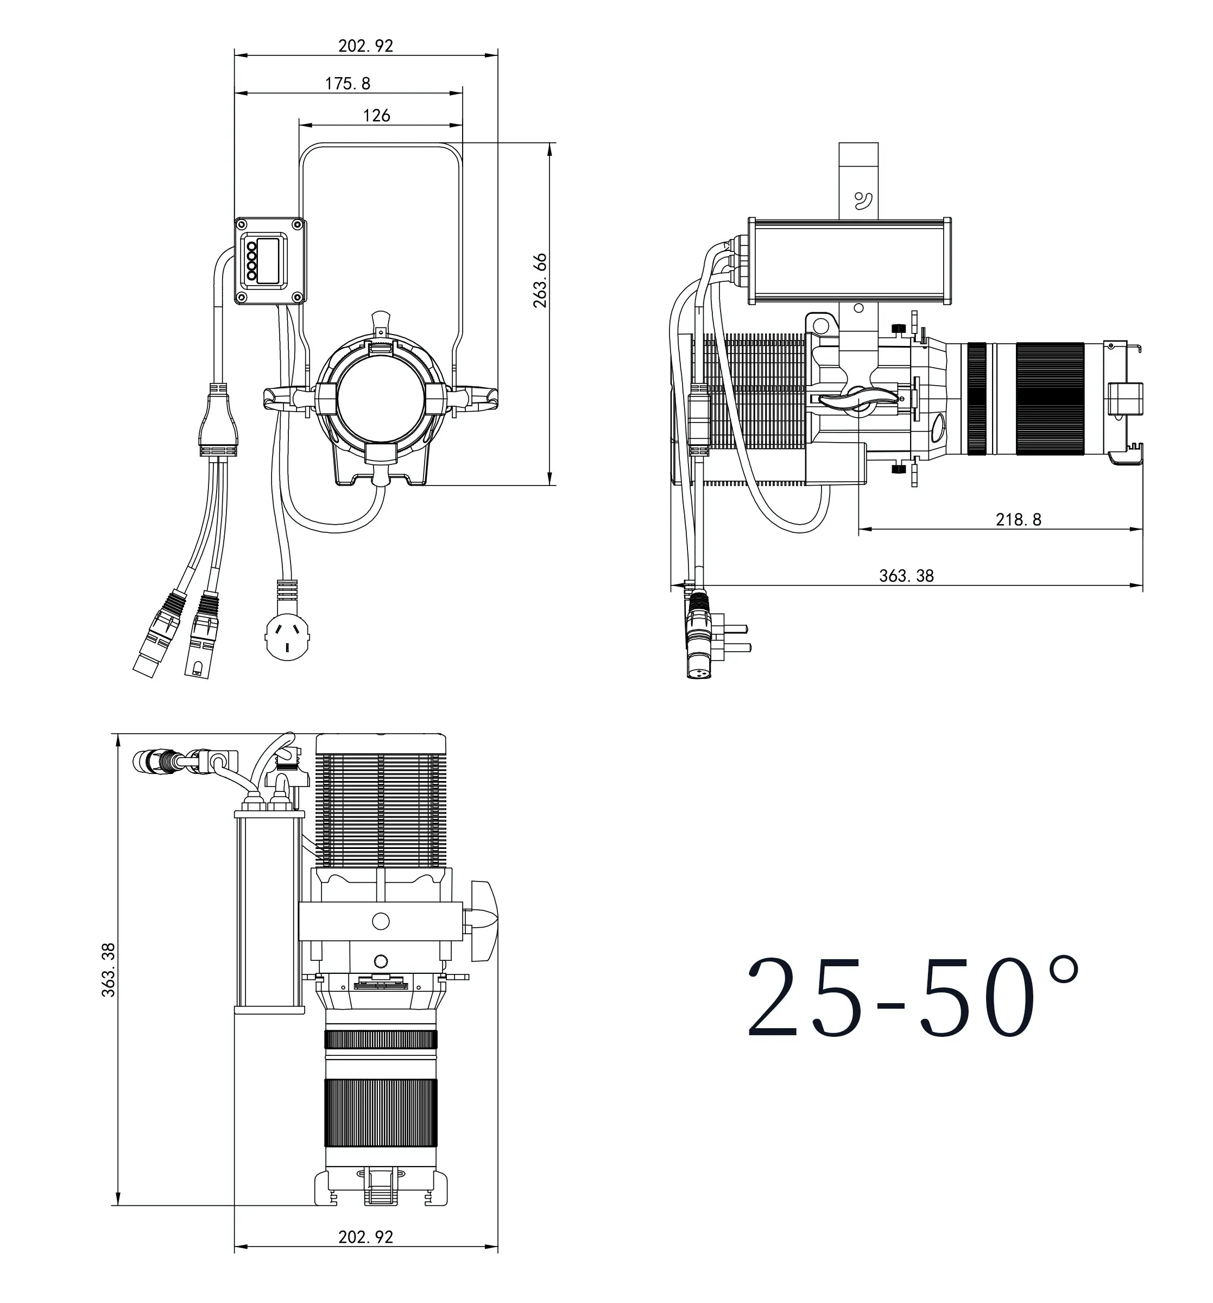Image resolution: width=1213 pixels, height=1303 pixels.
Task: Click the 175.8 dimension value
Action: (348, 83)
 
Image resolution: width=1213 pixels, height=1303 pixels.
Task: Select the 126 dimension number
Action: (376, 115)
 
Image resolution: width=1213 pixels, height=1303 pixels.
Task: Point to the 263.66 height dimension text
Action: (539, 280)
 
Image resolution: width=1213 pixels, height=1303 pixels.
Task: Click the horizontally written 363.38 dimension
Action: (906, 576)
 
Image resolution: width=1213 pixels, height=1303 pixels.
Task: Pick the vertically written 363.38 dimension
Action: (108, 970)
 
